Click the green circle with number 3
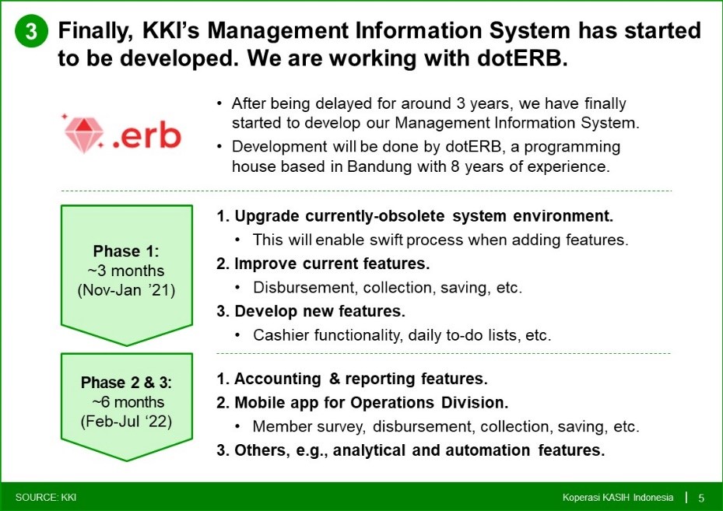pos(31,31)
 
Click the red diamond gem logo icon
pos(83,134)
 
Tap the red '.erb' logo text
pos(146,136)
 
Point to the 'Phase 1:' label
pos(126,251)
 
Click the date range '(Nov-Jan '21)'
pos(126,291)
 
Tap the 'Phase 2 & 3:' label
pos(126,383)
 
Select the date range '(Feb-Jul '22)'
pos(126,422)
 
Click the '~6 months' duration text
pos(128,402)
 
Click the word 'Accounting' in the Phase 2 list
pos(278,379)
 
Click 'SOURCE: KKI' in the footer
pos(46,498)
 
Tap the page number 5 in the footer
pos(701,498)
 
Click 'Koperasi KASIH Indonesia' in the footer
pos(618,498)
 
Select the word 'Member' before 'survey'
pos(281,427)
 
